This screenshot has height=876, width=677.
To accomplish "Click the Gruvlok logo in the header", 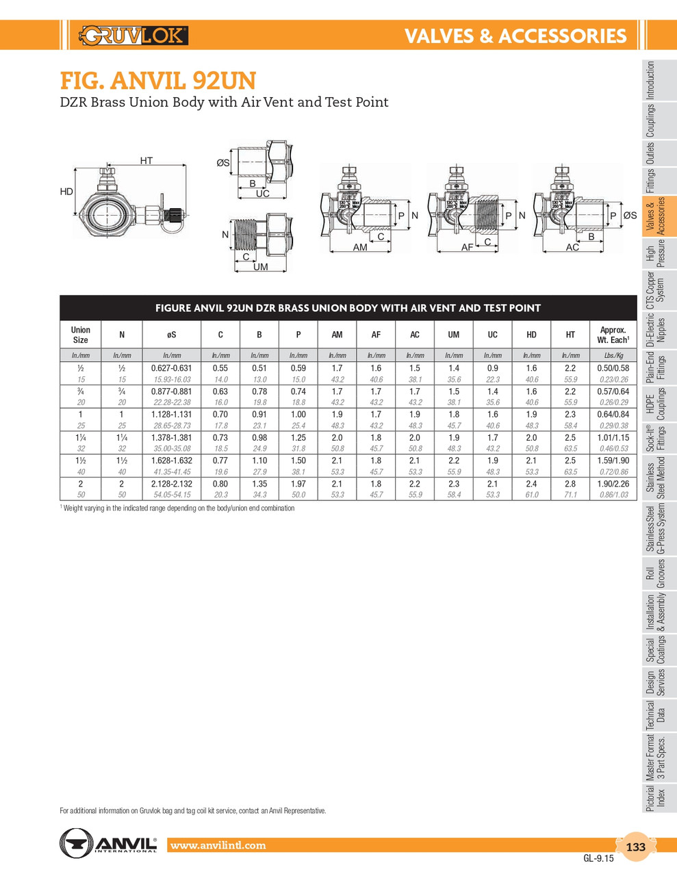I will (x=134, y=35).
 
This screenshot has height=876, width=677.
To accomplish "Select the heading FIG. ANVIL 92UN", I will (x=157, y=81).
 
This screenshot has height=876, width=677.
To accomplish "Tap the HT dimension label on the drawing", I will (x=146, y=161).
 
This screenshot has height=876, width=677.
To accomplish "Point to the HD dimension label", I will (x=66, y=192).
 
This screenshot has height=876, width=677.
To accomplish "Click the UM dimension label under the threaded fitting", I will (x=261, y=267).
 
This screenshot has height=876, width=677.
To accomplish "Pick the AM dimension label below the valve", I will (x=360, y=247).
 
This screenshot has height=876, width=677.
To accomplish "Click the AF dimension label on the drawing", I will (x=467, y=247).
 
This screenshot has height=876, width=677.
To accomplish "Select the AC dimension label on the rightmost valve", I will (x=572, y=247).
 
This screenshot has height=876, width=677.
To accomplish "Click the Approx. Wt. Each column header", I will (x=613, y=335).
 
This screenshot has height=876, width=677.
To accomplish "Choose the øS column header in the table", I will (x=171, y=335).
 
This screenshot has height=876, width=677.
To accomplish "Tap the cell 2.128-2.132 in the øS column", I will (x=171, y=484).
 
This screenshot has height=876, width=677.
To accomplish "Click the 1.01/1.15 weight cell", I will (x=613, y=438).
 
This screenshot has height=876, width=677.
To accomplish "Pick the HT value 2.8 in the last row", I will (x=570, y=484).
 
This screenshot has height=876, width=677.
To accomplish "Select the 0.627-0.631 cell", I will (x=171, y=368).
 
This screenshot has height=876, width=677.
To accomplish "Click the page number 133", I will (x=636, y=847).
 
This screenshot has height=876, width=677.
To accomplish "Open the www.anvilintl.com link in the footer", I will (x=218, y=845).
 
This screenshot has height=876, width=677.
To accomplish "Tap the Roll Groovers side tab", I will (x=655, y=574).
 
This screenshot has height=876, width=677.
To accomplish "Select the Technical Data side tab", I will (x=655, y=715).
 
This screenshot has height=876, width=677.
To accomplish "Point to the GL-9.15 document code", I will (x=598, y=858).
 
